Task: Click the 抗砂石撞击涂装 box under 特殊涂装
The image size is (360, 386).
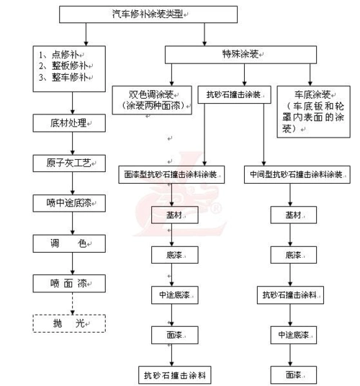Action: pos(233,94)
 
